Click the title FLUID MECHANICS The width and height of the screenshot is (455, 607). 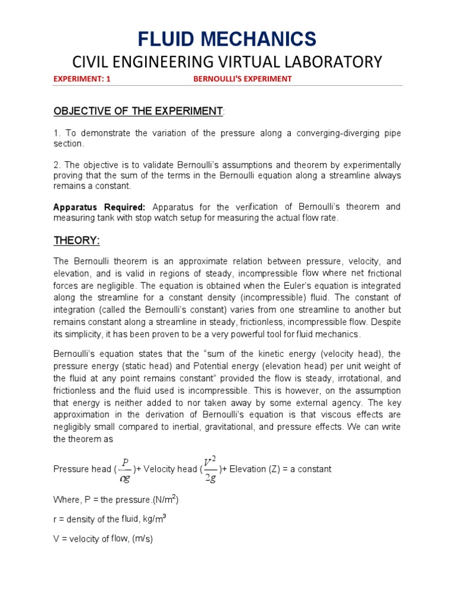point(227,39)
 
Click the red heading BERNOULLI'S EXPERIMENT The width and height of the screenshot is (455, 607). point(243,79)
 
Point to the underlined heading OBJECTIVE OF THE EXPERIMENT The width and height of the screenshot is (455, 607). point(138,111)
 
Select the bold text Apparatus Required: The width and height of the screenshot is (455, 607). point(99,207)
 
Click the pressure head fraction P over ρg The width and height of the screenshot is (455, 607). point(124,469)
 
